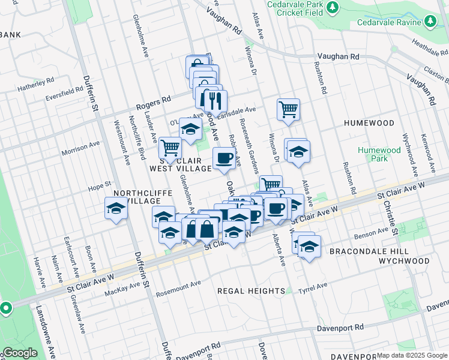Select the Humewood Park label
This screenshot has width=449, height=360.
pos(379,154)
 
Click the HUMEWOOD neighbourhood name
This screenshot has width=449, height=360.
pos(369,123)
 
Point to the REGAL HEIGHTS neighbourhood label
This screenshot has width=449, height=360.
pos(251,291)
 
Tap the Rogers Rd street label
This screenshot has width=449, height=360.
pos(154,100)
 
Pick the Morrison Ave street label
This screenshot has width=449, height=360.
pos(80,145)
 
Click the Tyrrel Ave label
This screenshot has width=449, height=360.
pos(314,286)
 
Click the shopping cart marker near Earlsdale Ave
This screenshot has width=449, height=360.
pos(288,109)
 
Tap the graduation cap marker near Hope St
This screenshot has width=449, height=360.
pos(116,209)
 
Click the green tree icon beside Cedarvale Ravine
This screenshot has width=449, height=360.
pos(430,22)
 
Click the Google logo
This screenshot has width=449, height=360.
pos(20,353)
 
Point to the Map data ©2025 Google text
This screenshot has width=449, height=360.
pos(412,355)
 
